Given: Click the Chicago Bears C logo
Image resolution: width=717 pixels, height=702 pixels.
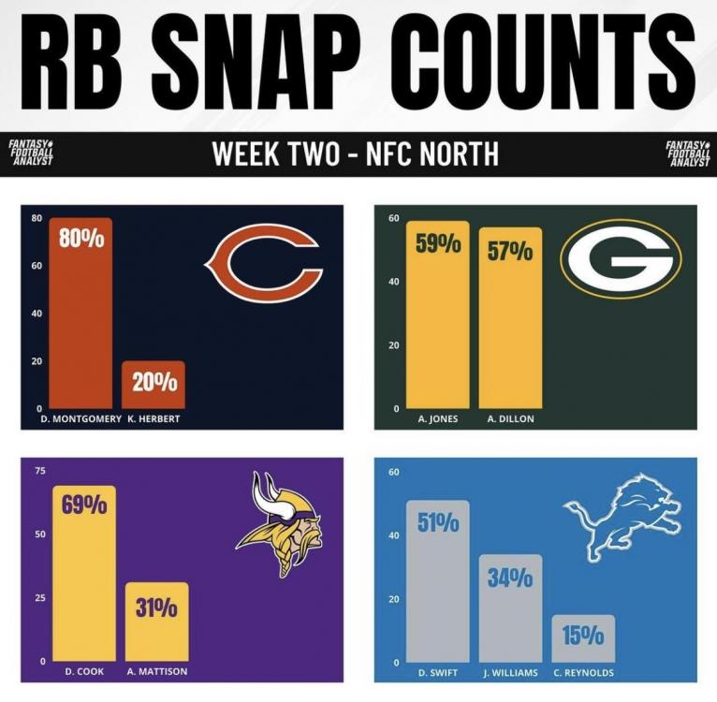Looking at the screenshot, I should [x=264, y=260].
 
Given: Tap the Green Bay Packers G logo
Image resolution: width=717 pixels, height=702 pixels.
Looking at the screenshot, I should [x=621, y=258].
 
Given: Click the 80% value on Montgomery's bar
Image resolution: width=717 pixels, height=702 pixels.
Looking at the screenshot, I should [x=81, y=239].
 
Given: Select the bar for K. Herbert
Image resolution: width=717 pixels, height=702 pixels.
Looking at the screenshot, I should [x=154, y=385].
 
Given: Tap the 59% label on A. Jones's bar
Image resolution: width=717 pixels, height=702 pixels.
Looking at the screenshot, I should [x=438, y=246].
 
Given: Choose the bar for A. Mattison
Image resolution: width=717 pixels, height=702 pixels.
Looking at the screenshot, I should [x=157, y=622].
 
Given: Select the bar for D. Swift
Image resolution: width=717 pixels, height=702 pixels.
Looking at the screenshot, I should [x=438, y=580].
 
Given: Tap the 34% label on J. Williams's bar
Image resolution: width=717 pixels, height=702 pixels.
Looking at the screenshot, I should [x=510, y=578].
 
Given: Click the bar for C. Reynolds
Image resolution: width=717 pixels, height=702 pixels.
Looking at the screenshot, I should [x=583, y=639].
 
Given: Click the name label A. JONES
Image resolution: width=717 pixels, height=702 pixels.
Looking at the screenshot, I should [x=438, y=418].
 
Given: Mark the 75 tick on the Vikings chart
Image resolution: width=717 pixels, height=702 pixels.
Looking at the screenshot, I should [x=38, y=471].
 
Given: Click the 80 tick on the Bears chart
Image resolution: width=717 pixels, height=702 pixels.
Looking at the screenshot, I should [x=37, y=218].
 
